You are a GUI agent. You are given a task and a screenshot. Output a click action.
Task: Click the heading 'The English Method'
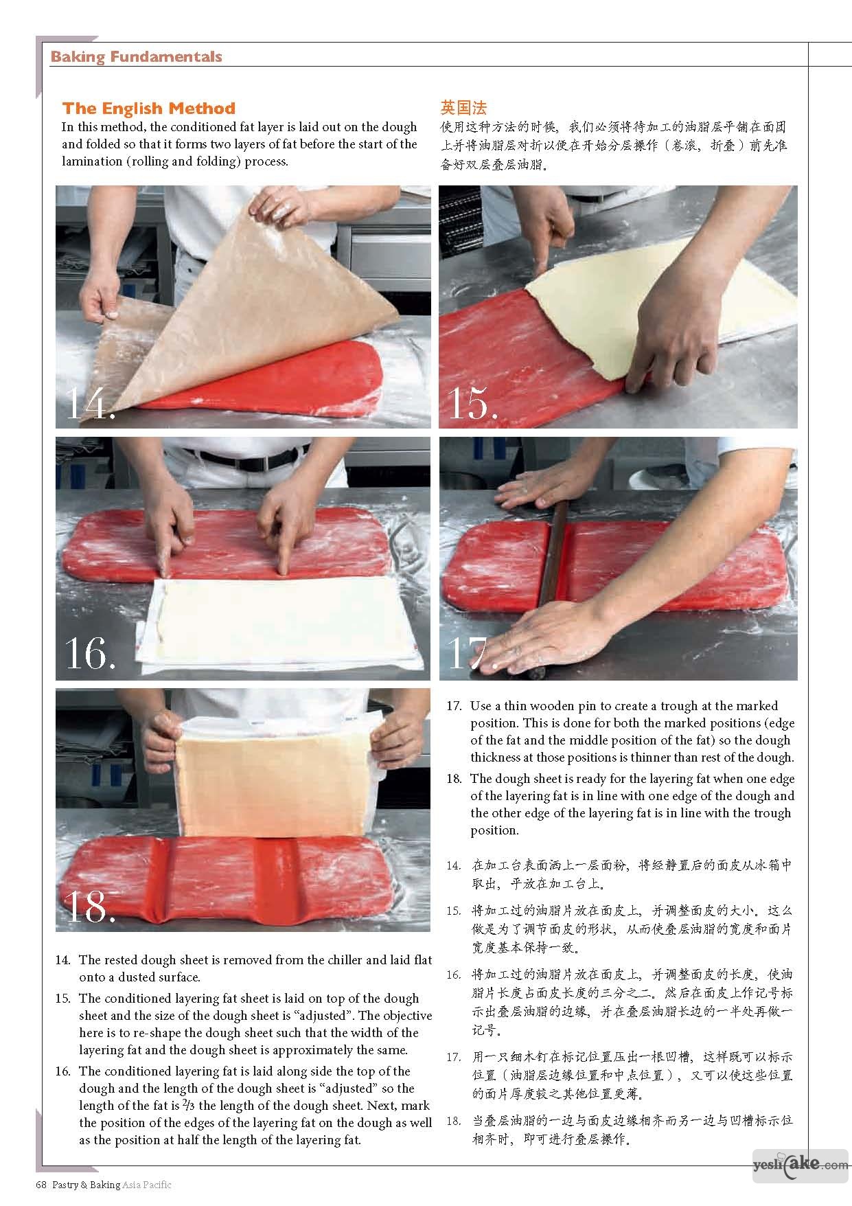[x=148, y=109]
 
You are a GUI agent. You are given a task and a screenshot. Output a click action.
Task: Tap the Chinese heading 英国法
[x=463, y=108]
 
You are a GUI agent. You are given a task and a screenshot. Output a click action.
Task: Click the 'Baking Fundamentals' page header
[x=136, y=56]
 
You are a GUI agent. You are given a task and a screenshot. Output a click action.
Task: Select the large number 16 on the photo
[x=90, y=652]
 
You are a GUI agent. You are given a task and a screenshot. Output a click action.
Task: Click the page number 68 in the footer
[x=41, y=1184]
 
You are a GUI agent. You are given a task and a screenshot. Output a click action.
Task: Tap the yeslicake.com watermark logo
[x=800, y=1165]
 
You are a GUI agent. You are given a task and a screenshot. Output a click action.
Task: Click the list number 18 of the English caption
[x=454, y=779]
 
